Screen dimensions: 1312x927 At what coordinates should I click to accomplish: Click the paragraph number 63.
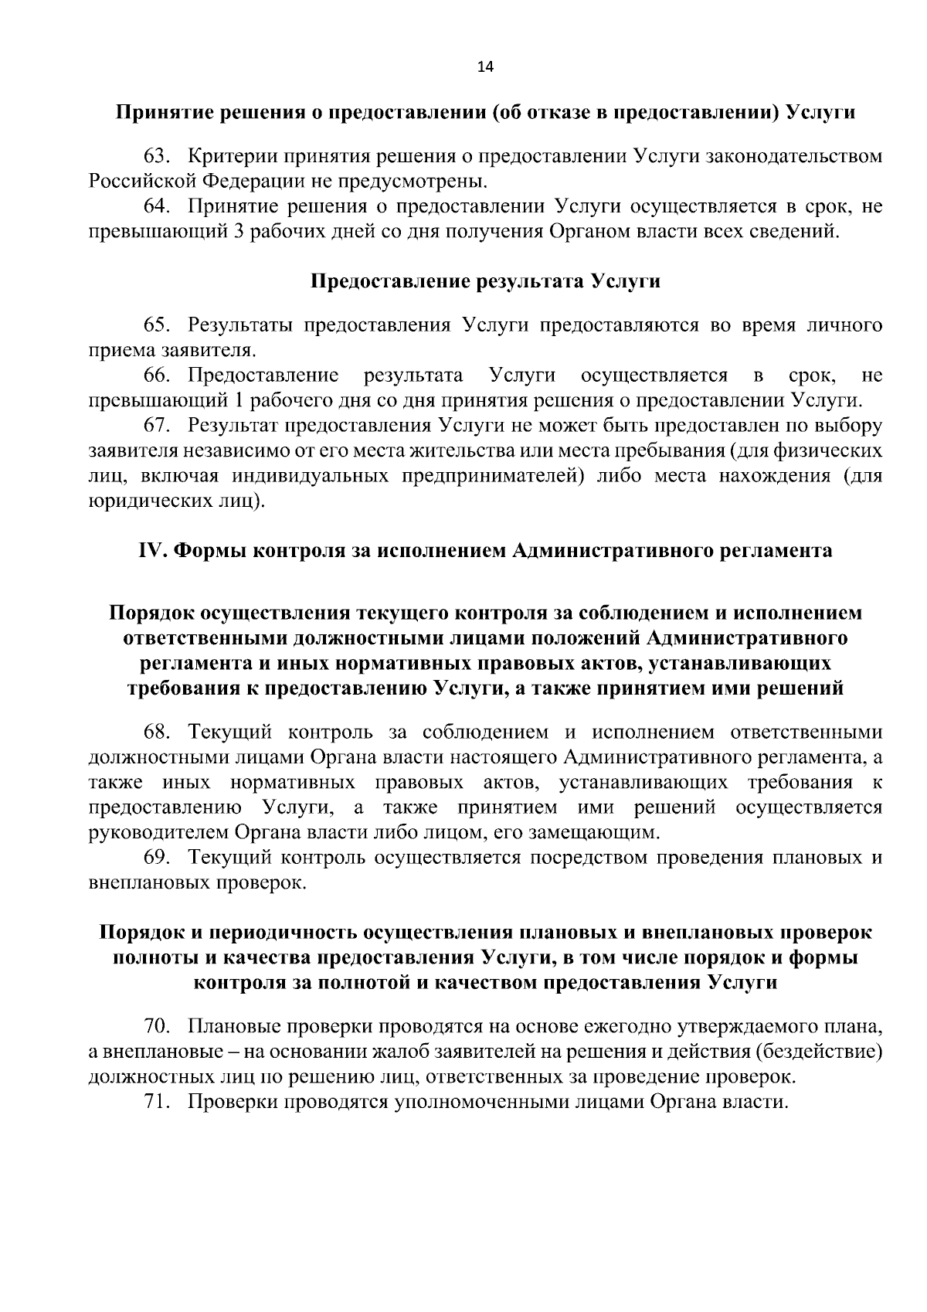pos(157,157)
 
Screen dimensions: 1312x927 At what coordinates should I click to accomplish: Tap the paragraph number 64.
pos(157,207)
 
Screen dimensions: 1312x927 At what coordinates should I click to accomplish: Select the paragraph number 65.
pos(157,325)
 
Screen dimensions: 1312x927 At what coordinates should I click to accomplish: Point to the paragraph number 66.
pos(157,376)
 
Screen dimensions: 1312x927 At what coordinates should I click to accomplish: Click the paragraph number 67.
pos(157,426)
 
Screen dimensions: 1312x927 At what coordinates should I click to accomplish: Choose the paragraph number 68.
pos(157,732)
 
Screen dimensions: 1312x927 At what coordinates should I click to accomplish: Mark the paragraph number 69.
pos(157,858)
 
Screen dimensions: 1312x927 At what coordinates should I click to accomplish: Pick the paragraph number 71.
pos(157,1102)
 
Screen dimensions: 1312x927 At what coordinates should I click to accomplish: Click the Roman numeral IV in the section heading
pos(151,551)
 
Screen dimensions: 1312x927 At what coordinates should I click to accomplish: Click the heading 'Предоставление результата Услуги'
pos(485,281)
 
